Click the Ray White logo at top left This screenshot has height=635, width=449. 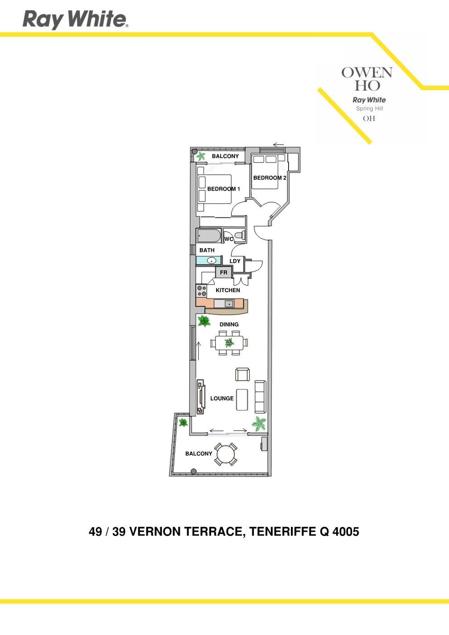click(x=75, y=19)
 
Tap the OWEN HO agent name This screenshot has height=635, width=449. click(x=367, y=79)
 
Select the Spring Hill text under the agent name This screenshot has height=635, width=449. click(x=369, y=108)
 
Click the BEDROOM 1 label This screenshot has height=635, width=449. click(x=223, y=189)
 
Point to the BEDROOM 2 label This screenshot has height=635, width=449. click(x=270, y=178)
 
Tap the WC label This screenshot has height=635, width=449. click(x=229, y=239)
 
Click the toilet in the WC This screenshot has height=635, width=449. click(x=240, y=235)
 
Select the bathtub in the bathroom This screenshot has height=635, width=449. click(x=209, y=236)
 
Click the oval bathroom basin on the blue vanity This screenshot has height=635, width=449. click(x=211, y=260)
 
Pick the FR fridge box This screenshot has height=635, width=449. click(x=223, y=272)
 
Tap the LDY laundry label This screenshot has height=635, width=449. click(x=235, y=261)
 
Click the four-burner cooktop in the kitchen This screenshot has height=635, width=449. click(x=201, y=291)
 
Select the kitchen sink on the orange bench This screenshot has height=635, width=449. click(x=229, y=303)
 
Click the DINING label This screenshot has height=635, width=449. click(x=229, y=324)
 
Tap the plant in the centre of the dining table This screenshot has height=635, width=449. click(x=229, y=343)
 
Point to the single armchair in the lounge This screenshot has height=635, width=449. click(x=242, y=374)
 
